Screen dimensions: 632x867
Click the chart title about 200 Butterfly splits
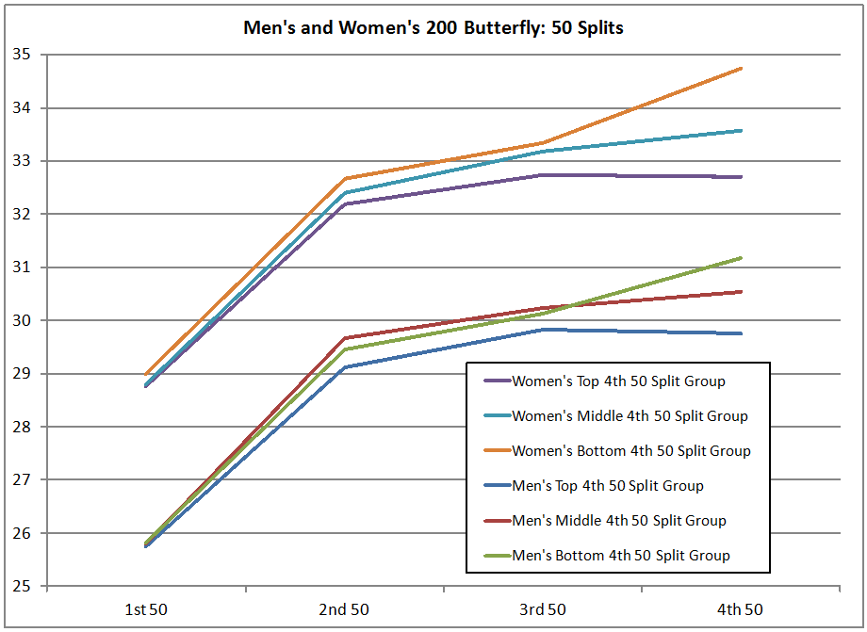(433, 28)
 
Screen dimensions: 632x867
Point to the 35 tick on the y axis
(21, 55)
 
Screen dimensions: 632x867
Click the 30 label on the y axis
(21, 320)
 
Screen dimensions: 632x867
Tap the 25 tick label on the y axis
(21, 587)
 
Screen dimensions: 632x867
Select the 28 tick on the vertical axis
(21, 427)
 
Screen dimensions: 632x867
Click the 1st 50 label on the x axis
(148, 609)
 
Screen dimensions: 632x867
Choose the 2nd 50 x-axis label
(345, 609)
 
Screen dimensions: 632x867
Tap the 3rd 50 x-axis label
(543, 609)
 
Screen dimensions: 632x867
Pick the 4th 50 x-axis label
(741, 609)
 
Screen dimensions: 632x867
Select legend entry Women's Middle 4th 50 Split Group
(630, 416)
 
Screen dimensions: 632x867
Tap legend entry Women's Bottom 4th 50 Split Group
(631, 451)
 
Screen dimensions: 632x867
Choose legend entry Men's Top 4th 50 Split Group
(608, 486)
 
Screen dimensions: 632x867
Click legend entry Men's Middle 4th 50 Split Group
(619, 521)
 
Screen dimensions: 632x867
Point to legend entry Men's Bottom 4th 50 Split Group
(621, 556)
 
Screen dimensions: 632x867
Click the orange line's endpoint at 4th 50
(742, 69)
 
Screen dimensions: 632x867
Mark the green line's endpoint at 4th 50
(742, 258)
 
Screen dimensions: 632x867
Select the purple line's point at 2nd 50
(346, 204)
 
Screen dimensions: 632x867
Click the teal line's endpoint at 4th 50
(742, 131)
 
